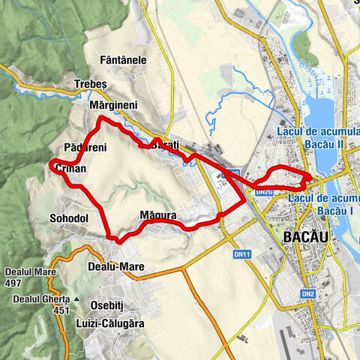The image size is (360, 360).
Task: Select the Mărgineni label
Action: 112,106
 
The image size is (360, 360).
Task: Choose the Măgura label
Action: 158,216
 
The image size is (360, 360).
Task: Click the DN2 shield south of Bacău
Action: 308,294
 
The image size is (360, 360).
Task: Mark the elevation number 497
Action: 13,283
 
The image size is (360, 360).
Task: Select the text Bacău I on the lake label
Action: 334,211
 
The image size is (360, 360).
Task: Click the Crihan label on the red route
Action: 71,170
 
